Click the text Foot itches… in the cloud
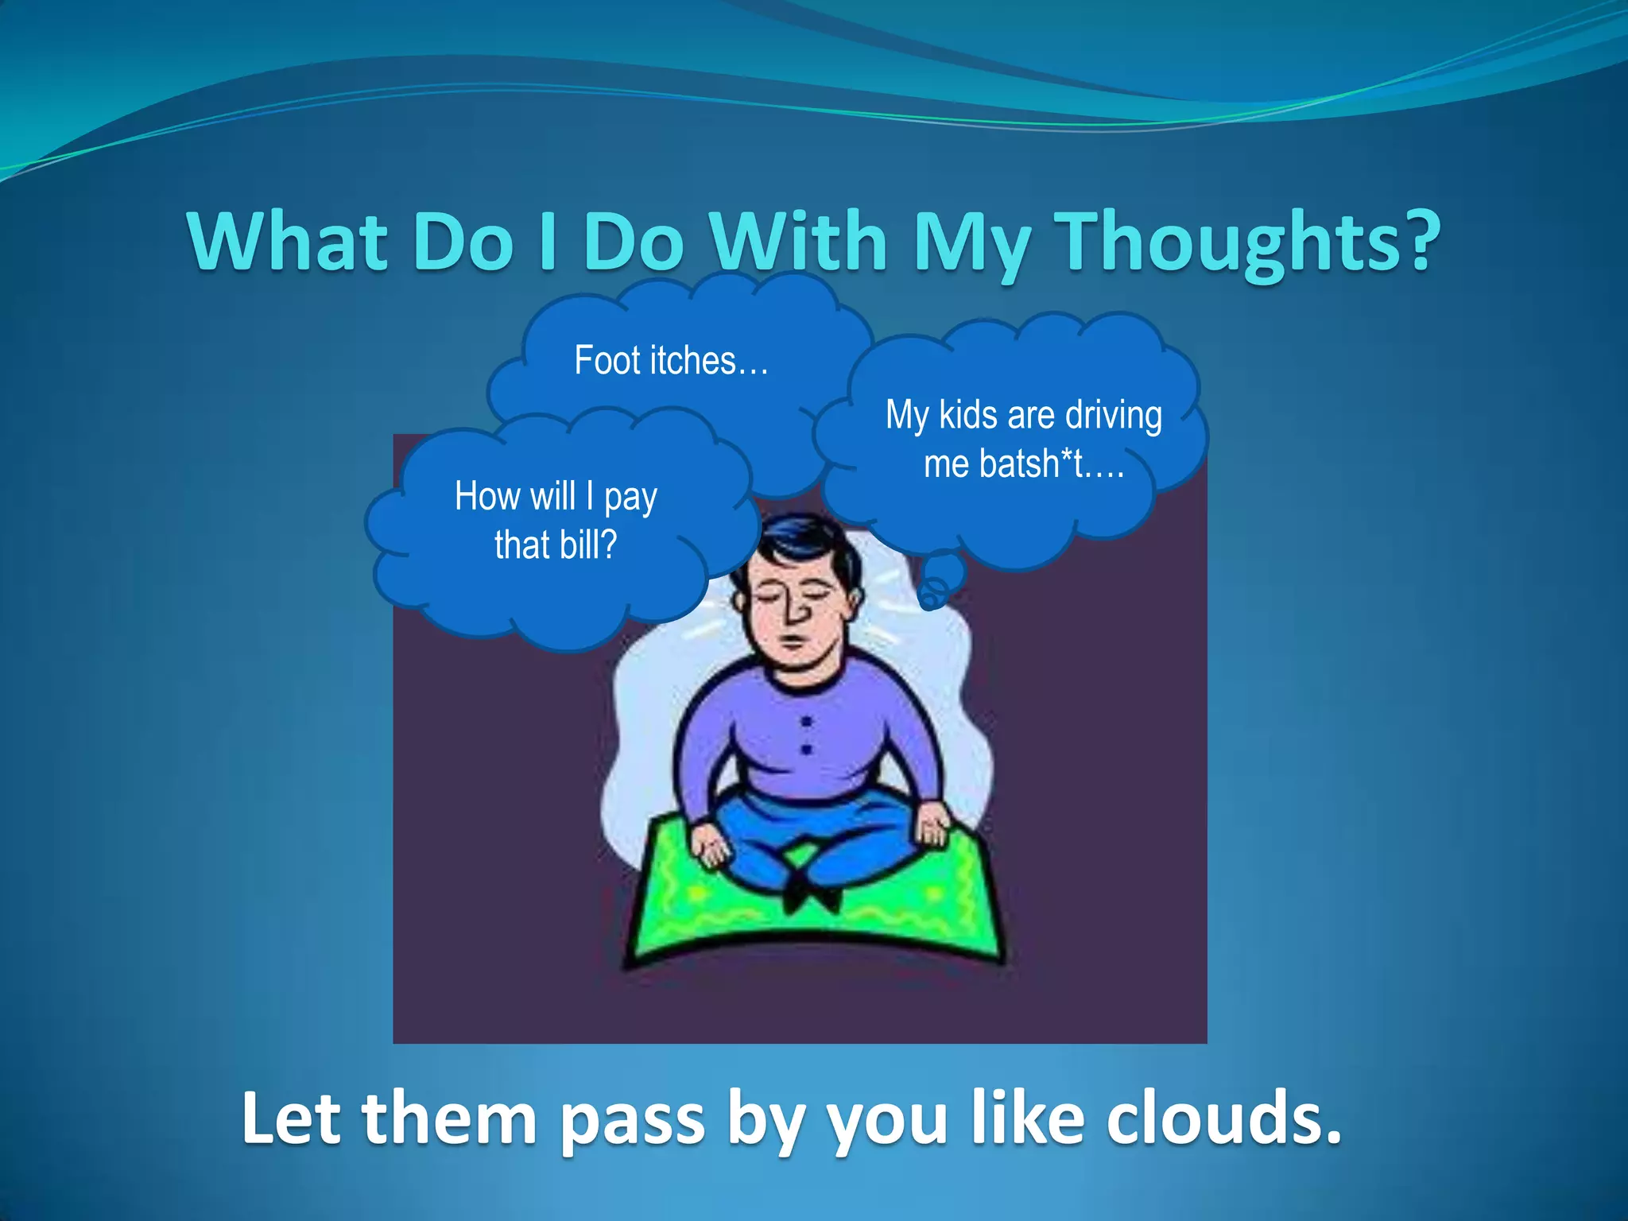click(672, 361)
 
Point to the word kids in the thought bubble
click(968, 416)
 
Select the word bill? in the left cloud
click(587, 545)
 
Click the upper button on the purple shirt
click(806, 722)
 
